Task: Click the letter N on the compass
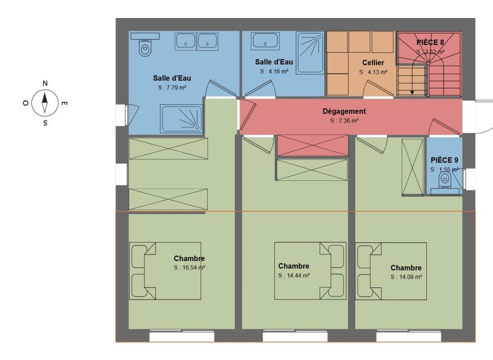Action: [x=45, y=83]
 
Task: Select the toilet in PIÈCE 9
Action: [x=444, y=184]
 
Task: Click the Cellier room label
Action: [x=373, y=63]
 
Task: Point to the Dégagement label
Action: [x=344, y=111]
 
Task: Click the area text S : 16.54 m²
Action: [x=189, y=268]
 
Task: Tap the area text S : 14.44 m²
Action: [x=294, y=275]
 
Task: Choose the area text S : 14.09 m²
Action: [x=406, y=277]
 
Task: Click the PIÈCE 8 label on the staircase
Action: [x=430, y=42]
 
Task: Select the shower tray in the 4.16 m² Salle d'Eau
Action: [x=310, y=53]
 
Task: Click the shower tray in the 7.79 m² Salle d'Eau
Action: [x=181, y=118]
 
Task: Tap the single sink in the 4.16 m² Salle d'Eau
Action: [x=265, y=41]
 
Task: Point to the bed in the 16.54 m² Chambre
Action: [x=165, y=271]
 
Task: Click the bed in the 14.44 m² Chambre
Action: [x=310, y=271]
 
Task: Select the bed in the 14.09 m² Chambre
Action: [x=391, y=271]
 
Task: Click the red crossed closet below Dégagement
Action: [x=313, y=145]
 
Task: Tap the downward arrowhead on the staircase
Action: [x=412, y=92]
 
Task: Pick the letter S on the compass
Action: [x=45, y=122]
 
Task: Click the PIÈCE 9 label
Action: [x=444, y=160]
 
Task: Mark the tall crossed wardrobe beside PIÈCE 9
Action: [x=412, y=167]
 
